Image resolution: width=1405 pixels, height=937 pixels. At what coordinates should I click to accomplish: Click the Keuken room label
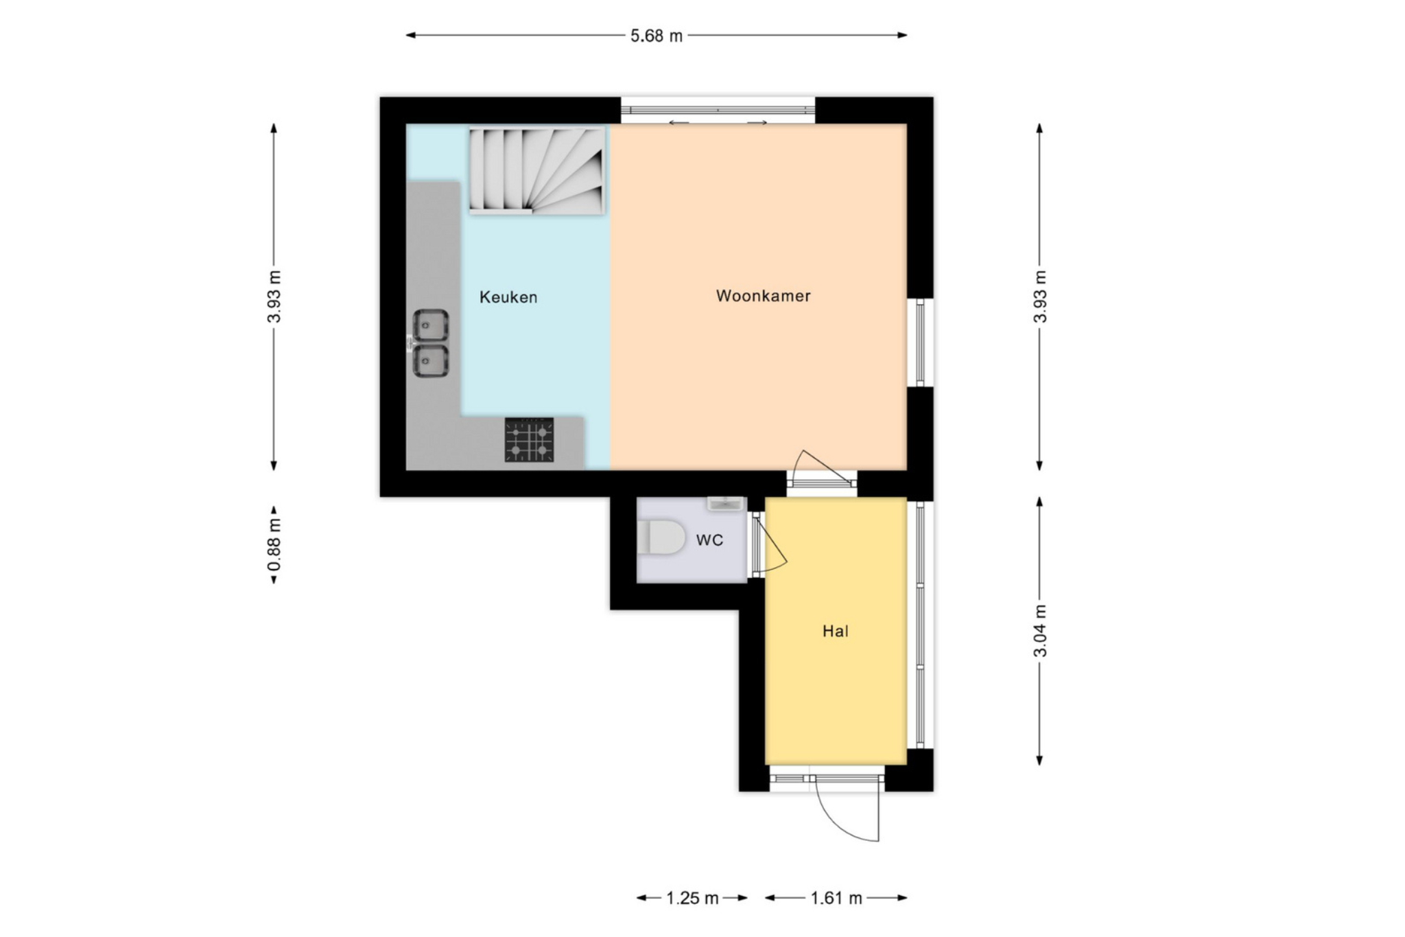[x=508, y=297]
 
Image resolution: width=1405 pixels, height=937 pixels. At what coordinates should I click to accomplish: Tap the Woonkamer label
[x=763, y=296]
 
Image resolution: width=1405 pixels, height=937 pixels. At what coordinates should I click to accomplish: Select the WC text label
[x=709, y=540]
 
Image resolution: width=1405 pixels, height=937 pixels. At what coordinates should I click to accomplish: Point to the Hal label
[x=835, y=631]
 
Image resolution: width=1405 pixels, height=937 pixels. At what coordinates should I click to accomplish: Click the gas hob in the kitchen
[x=529, y=440]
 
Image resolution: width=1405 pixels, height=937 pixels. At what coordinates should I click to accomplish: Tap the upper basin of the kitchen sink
[x=431, y=325]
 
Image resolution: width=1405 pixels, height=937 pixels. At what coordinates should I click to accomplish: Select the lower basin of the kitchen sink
[x=431, y=361]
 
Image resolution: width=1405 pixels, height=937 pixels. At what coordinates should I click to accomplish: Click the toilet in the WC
[x=661, y=537]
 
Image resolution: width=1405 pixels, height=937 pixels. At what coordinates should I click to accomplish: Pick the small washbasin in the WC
[x=725, y=503]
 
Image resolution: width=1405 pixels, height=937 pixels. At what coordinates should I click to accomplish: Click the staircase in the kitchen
[x=536, y=170]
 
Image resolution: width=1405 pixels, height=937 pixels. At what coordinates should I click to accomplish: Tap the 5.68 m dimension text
[x=657, y=36]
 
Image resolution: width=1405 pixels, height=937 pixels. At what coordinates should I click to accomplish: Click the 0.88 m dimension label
[x=274, y=544]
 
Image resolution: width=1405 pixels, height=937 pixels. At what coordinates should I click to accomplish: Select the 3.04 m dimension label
[x=1040, y=630]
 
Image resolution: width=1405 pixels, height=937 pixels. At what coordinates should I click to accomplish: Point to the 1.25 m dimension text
[x=692, y=897]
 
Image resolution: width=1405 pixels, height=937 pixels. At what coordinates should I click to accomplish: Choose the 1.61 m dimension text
[x=836, y=897]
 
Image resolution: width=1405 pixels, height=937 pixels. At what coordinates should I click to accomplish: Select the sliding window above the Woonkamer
[x=718, y=111]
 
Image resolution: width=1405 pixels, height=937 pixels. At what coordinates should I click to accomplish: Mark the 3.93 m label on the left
[x=274, y=297]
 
